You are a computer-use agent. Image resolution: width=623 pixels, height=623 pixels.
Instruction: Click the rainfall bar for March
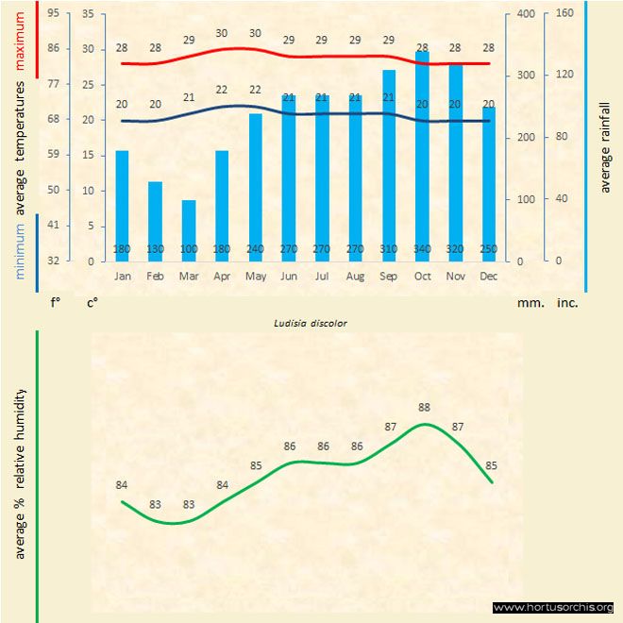(189, 230)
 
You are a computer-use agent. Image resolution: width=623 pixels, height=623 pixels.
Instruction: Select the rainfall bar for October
(422, 156)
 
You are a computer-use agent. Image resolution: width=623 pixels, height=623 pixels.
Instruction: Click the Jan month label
(123, 277)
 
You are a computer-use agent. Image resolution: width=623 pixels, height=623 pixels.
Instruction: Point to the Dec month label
(488, 277)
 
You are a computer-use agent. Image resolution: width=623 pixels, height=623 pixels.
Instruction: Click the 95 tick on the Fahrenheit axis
(53, 13)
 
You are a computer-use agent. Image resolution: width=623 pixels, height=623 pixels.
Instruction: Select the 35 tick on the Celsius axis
(88, 13)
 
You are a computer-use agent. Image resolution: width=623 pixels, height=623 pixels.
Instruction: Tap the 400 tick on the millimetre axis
(526, 13)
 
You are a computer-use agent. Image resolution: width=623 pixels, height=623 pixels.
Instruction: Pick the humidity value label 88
(425, 408)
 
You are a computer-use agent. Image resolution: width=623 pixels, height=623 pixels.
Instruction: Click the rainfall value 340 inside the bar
(422, 249)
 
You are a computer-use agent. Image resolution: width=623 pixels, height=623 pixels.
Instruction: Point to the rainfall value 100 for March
(189, 249)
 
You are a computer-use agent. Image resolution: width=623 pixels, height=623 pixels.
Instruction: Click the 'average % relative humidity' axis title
(20, 473)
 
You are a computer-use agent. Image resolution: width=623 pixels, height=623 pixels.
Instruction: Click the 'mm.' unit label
(530, 303)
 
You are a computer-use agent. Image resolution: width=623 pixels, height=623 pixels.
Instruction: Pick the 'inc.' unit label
(567, 303)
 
